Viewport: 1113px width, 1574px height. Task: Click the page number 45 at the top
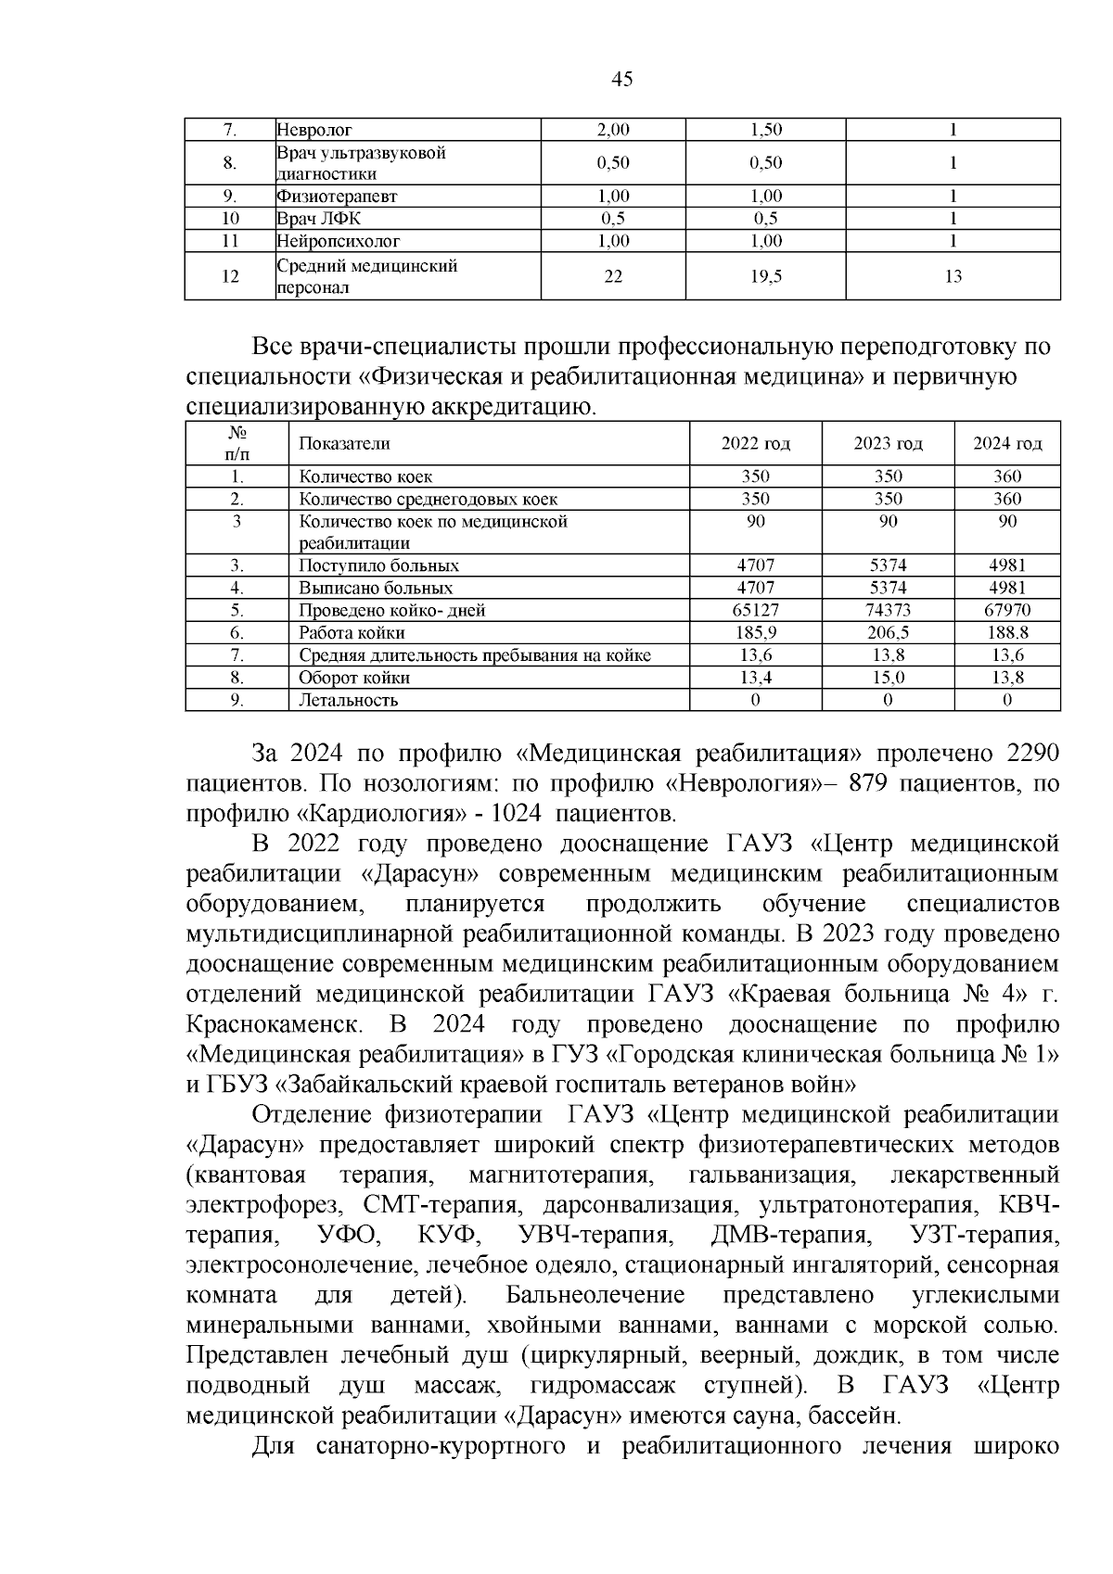point(622,80)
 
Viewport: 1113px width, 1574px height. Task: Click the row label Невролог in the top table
point(314,131)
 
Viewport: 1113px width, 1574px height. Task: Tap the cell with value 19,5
point(765,276)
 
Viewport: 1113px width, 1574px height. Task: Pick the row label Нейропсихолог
point(339,241)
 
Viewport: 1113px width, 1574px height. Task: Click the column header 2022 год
point(755,444)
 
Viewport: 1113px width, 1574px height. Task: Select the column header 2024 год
point(1007,444)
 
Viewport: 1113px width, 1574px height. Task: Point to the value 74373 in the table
point(888,611)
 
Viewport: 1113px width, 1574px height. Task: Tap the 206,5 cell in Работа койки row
point(888,633)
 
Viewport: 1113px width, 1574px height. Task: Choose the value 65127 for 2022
point(755,611)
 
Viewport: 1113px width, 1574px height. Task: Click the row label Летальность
point(348,701)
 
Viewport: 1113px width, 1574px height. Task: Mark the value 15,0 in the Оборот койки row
point(888,679)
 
